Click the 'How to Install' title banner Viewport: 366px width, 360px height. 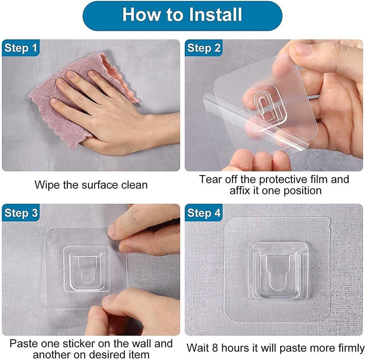point(183,15)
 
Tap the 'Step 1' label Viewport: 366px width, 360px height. point(21,48)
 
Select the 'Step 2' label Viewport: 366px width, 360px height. point(204,48)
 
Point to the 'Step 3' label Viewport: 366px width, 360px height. point(21,213)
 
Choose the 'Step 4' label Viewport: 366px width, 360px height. point(204,213)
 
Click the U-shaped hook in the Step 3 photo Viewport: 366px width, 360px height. point(86,268)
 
